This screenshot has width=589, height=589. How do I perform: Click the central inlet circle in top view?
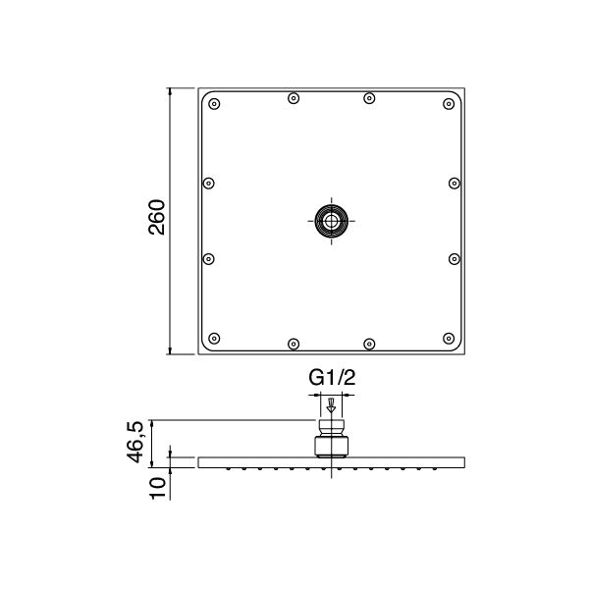(x=331, y=221)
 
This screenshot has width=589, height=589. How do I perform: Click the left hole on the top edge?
(x=294, y=98)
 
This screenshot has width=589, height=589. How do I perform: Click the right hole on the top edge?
(x=369, y=98)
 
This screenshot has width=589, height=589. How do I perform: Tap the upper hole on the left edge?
(x=207, y=183)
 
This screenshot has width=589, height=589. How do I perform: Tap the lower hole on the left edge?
(x=207, y=258)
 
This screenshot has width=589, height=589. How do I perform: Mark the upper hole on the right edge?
(x=454, y=183)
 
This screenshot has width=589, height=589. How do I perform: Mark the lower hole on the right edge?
(x=454, y=258)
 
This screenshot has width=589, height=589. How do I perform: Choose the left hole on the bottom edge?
(x=294, y=344)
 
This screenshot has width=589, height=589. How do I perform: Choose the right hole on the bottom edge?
(x=369, y=344)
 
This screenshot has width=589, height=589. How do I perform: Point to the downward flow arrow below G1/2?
(x=332, y=404)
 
